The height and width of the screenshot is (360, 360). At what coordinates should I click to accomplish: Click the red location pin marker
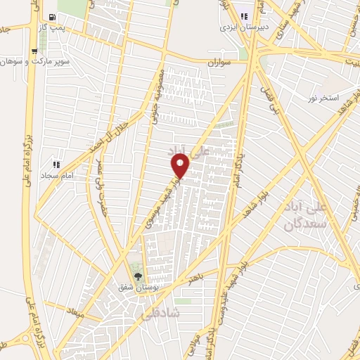pos(181,166)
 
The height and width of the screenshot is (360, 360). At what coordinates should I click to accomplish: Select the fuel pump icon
pos(51,18)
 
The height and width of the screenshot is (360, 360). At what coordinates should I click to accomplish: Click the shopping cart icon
pos(34,51)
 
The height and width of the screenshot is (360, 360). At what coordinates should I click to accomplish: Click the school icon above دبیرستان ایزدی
pos(245,16)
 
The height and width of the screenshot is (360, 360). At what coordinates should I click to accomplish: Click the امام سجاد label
pos(55,174)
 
